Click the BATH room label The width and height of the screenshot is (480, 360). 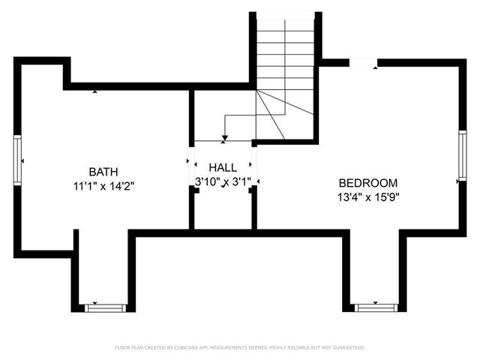coord(103,171)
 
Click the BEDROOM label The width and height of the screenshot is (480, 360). coord(367,183)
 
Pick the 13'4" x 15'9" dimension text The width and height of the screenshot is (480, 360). coord(367,197)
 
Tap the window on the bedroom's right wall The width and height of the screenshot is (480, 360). coord(463,155)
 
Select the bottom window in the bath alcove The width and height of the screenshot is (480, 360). coord(105,307)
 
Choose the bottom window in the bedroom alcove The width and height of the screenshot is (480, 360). coord(376,307)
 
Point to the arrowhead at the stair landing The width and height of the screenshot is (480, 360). coord(224,138)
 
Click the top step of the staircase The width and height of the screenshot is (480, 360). coord(285,19)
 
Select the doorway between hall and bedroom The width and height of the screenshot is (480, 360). coord(255,163)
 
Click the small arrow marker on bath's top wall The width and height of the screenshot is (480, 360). coord(95,91)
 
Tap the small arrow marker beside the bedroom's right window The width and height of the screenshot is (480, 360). coord(456,181)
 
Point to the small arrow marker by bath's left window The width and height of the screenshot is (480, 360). coord(23,160)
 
